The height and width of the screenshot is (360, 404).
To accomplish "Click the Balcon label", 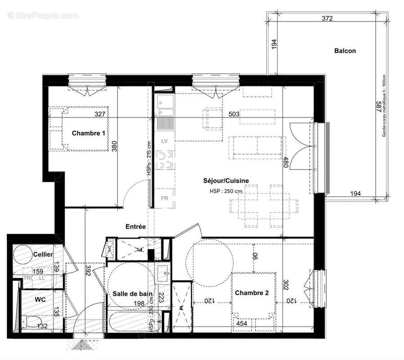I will point(345,51).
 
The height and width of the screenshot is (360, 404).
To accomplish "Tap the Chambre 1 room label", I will point(89,133).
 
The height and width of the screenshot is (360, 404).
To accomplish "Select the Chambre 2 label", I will point(251,293).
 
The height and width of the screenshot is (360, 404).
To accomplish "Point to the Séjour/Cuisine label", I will point(225,181).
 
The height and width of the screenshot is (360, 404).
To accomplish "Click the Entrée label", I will point(135,227).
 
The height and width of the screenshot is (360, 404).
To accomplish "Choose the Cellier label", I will point(43,255).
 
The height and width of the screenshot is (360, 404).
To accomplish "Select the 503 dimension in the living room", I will point(233,114).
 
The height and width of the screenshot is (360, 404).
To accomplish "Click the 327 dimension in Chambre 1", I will point(100,114).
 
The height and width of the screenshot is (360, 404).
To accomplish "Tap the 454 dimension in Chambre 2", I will point(242,323).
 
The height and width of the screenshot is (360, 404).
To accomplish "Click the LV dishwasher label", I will point(165,141).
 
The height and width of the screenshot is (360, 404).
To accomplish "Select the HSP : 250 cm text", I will point(225,191).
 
